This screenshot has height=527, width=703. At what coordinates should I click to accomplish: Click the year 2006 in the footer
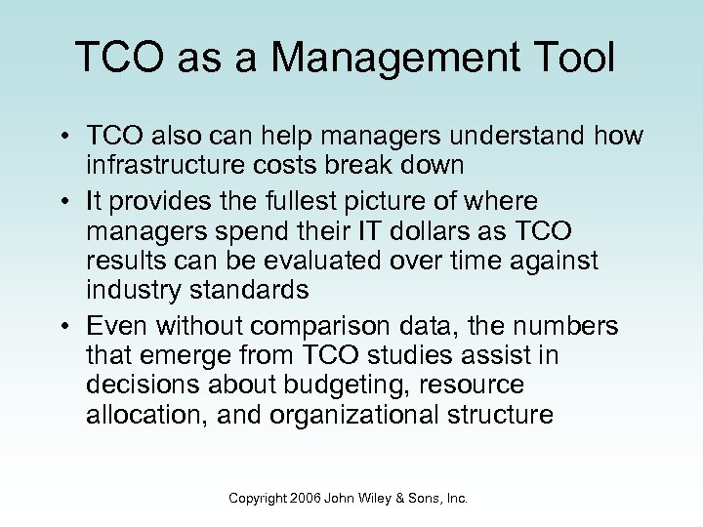pyautogui.click(x=306, y=498)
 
